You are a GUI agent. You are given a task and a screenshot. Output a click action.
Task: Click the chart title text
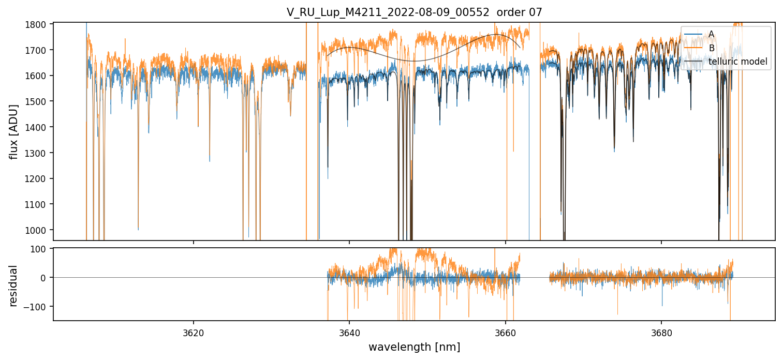tap(414, 12)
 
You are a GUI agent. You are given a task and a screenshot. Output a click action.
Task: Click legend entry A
tap(711, 34)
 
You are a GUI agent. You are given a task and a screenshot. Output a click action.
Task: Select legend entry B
tap(711, 48)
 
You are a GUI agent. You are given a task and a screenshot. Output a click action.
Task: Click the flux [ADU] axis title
tap(14, 131)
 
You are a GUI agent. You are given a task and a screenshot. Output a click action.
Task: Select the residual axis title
tap(14, 286)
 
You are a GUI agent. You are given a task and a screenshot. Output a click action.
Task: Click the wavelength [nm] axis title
tap(414, 347)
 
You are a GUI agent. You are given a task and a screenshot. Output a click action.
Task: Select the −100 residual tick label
tap(39, 307)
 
